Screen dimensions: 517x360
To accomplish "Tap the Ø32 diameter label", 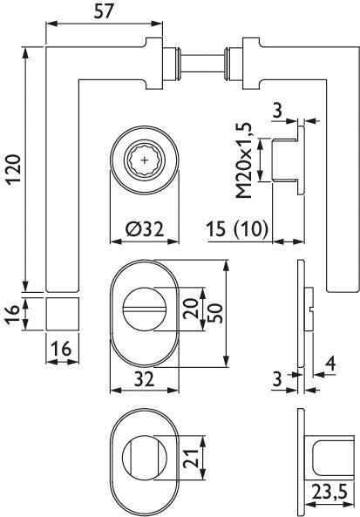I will pos(146,230).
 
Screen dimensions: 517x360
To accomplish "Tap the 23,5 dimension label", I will pos(327,504).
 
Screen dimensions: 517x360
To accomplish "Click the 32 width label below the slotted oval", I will pos(145,380).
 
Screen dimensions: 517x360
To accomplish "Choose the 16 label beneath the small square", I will pos(60,349).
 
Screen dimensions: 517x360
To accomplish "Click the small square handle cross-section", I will pos(60,311).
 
